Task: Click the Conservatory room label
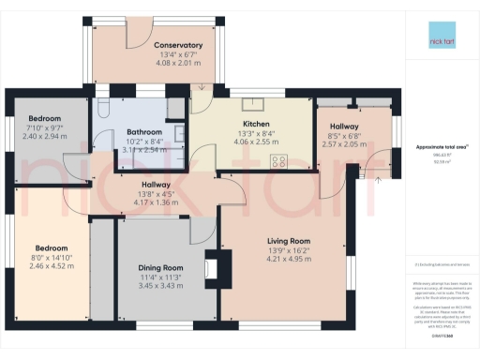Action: click(x=178, y=45)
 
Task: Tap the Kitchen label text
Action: click(x=256, y=124)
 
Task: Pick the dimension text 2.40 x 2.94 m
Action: click(x=45, y=136)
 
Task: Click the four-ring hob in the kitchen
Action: click(x=278, y=160)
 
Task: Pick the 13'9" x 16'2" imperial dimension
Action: click(x=287, y=251)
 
